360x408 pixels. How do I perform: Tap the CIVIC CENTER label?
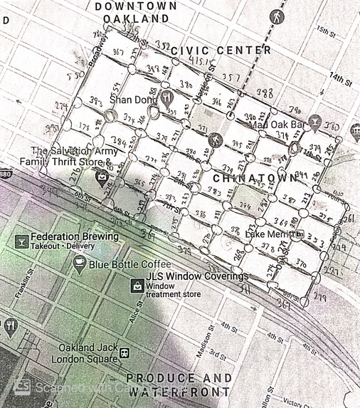[x=221, y=50]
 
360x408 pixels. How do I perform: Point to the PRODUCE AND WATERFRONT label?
[x=178, y=385]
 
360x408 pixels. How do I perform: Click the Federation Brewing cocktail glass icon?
[x=21, y=241]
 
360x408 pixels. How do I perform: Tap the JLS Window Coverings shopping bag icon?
[x=136, y=286]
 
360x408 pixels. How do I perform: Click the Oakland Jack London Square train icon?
[x=125, y=352]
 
